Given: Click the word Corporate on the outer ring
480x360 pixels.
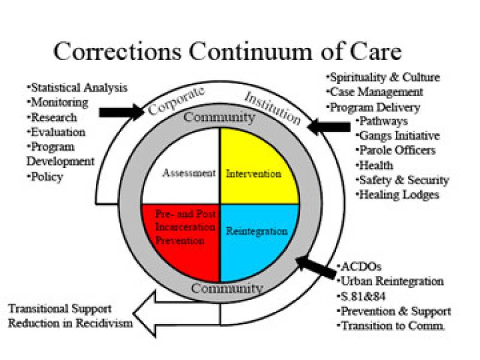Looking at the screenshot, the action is [x=176, y=101].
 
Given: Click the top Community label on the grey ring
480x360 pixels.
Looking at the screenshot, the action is [x=220, y=117].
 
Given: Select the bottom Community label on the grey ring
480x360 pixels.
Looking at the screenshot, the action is [x=227, y=288].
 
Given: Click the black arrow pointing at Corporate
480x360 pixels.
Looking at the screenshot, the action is [x=122, y=112].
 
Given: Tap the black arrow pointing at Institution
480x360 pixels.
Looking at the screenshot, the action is [x=329, y=127].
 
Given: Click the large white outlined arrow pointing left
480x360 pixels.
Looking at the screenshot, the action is [x=176, y=314].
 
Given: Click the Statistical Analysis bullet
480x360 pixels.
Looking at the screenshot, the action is [x=77, y=88].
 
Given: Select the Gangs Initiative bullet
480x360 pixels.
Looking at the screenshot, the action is [x=398, y=136].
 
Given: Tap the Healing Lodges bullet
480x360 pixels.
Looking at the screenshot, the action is [x=397, y=194].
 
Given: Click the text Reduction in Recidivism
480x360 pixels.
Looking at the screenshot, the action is [x=70, y=323].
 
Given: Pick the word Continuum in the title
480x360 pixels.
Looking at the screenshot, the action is [x=250, y=52].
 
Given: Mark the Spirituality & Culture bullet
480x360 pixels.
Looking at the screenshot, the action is [x=383, y=77].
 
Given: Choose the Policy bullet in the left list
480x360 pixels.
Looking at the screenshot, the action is [x=45, y=177].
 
